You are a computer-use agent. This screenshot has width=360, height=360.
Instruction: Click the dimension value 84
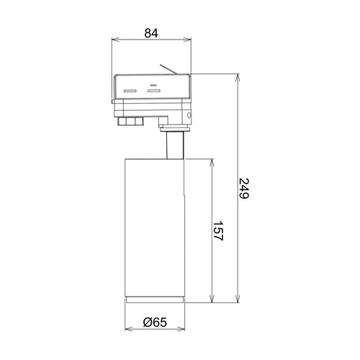(151, 33)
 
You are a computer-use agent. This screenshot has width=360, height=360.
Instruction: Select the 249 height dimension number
(244, 188)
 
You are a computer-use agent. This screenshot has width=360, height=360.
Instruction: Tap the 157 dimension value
(218, 230)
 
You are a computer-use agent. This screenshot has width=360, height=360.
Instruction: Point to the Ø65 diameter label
(155, 323)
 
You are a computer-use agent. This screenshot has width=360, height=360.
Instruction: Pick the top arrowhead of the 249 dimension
(238, 78)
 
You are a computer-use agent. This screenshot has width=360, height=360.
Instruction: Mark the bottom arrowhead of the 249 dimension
(238, 299)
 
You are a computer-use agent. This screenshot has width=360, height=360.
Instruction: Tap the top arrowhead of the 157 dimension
(212, 163)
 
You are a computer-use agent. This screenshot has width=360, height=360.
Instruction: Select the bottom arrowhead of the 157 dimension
(212, 299)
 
